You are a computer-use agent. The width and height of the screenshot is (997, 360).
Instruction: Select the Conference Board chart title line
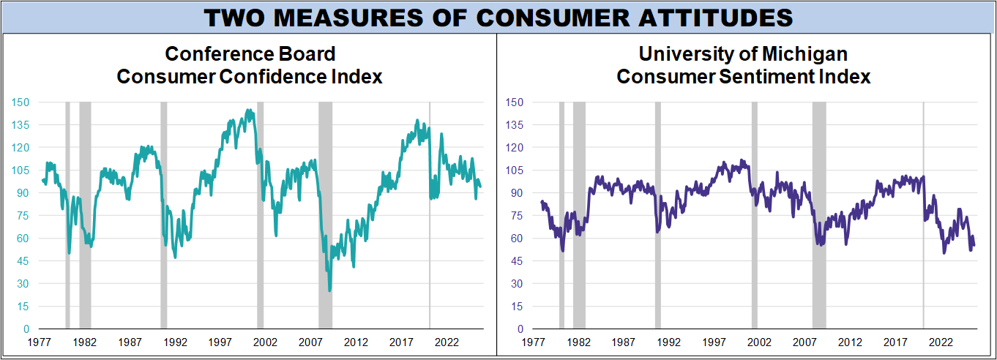(250, 54)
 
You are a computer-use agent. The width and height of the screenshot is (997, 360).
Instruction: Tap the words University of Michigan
(743, 54)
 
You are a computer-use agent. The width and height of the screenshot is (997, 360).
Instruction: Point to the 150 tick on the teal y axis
(20, 102)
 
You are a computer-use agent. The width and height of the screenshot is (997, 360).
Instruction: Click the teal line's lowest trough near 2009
(329, 290)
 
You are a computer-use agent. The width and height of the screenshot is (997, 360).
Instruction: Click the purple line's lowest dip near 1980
(562, 251)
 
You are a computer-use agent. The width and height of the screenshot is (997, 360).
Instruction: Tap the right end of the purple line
(974, 245)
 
